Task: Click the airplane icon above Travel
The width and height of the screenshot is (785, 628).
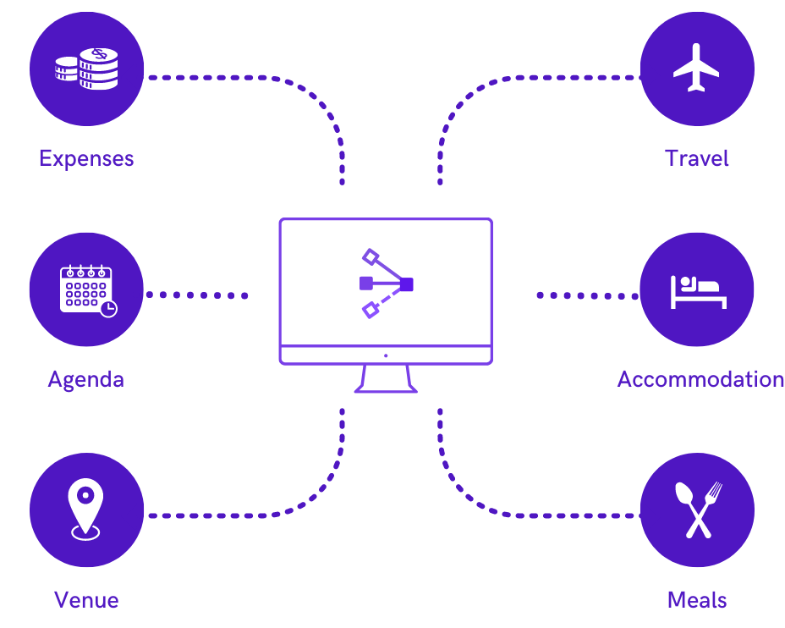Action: [x=696, y=69]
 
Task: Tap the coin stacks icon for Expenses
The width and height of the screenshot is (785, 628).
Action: [x=86, y=69]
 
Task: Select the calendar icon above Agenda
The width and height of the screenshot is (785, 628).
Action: [x=86, y=289]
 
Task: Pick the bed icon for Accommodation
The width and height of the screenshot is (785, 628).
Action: [x=697, y=290]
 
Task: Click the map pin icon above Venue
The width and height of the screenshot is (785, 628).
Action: [x=85, y=508]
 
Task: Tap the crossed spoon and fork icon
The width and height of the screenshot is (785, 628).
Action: [x=697, y=510]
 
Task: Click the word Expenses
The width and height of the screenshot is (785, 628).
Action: [x=86, y=158]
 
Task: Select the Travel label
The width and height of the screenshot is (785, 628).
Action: [x=696, y=158]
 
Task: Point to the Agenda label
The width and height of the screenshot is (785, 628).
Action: [x=85, y=379]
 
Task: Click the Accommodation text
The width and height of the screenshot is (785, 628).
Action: [x=700, y=379]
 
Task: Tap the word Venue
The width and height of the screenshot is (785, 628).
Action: [x=86, y=600]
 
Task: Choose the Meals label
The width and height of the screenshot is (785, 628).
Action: [x=697, y=600]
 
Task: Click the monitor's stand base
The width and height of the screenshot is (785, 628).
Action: [x=386, y=389]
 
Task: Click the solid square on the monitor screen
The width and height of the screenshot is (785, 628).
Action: [x=407, y=285]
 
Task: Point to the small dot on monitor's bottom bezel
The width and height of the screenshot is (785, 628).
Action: [x=386, y=355]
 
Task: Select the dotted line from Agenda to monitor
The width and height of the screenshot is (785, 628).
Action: [x=196, y=295]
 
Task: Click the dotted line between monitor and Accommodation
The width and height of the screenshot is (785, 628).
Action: [x=587, y=295]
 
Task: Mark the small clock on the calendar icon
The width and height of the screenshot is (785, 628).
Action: [x=107, y=309]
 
